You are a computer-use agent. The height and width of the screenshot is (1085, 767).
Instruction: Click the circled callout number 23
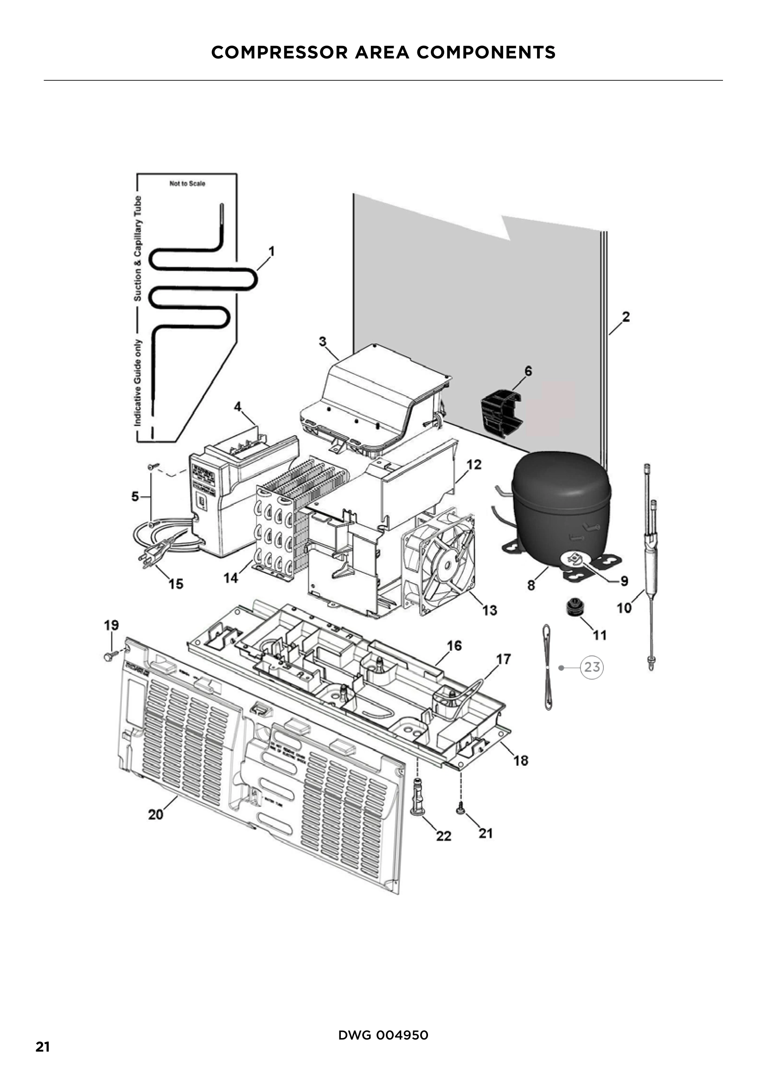click(x=592, y=667)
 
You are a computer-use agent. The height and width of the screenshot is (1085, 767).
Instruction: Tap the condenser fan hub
click(x=445, y=561)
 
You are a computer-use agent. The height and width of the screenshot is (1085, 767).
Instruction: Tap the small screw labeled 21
click(x=460, y=811)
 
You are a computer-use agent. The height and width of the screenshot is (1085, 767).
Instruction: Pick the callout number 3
click(x=323, y=341)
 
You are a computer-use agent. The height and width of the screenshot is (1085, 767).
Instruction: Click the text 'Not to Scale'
click(x=187, y=183)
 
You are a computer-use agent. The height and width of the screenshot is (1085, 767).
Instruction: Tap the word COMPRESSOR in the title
click(x=279, y=52)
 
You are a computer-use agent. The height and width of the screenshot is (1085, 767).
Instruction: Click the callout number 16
click(x=454, y=646)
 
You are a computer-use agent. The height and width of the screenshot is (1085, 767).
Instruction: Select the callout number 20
click(x=156, y=815)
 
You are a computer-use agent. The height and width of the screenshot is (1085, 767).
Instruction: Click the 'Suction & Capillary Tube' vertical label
click(x=138, y=248)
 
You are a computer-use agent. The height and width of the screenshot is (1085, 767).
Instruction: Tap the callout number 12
click(x=474, y=464)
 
